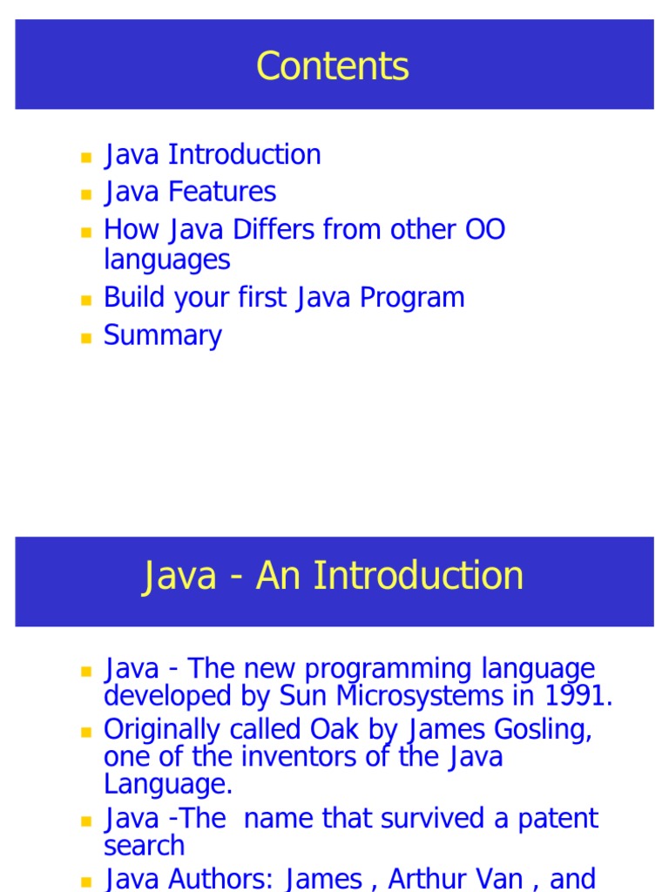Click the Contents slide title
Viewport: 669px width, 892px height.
click(333, 67)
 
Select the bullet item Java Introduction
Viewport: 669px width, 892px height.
click(213, 155)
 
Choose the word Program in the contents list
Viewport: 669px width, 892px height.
click(412, 298)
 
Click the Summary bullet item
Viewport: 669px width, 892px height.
click(163, 336)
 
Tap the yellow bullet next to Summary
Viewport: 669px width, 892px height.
click(85, 338)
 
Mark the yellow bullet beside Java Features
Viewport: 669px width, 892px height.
click(85, 194)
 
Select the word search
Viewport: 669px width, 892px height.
click(144, 846)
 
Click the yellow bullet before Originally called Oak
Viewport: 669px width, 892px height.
click(85, 731)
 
